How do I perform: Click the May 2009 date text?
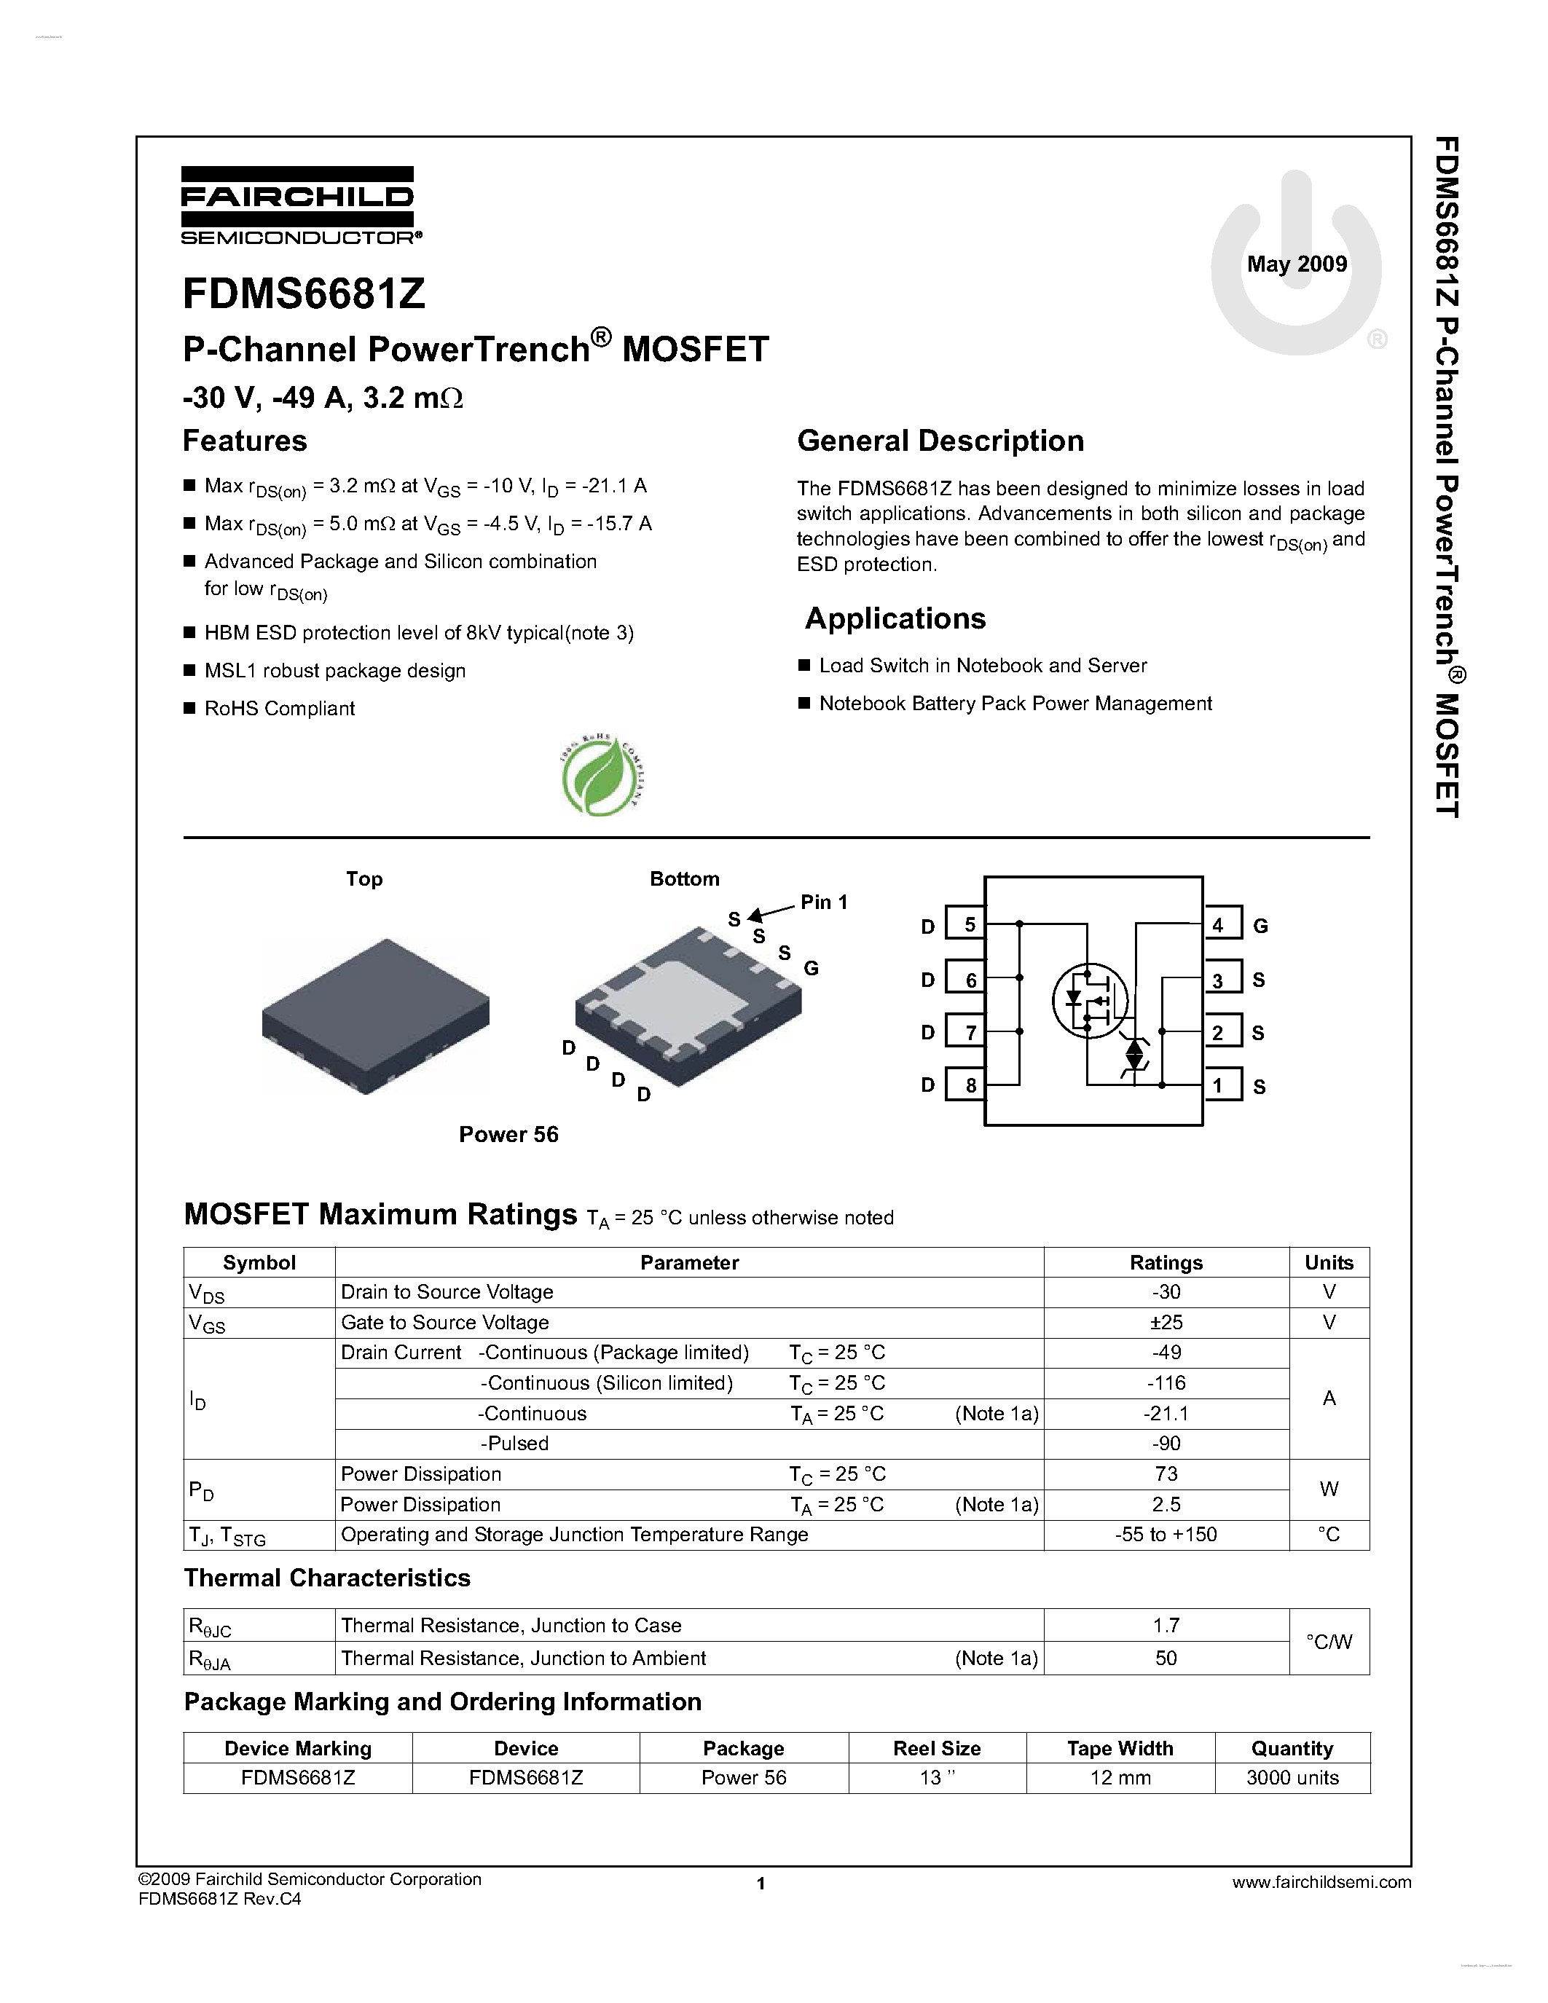coord(1296,264)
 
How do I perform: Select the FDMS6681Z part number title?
coord(304,294)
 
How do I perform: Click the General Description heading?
coord(940,441)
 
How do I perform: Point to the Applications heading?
coord(895,619)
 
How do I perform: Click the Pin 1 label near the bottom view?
coord(823,902)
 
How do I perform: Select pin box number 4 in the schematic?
coord(1221,924)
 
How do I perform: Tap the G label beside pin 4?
coord(1260,926)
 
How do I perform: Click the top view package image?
coord(375,1015)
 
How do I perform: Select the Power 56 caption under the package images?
coord(508,1135)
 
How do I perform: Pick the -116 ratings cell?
coord(1166,1383)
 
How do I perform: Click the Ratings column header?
coord(1166,1263)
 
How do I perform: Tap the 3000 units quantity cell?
coord(1292,1777)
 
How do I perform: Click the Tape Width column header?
coord(1119,1748)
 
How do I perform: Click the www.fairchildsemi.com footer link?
coord(1321,1882)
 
